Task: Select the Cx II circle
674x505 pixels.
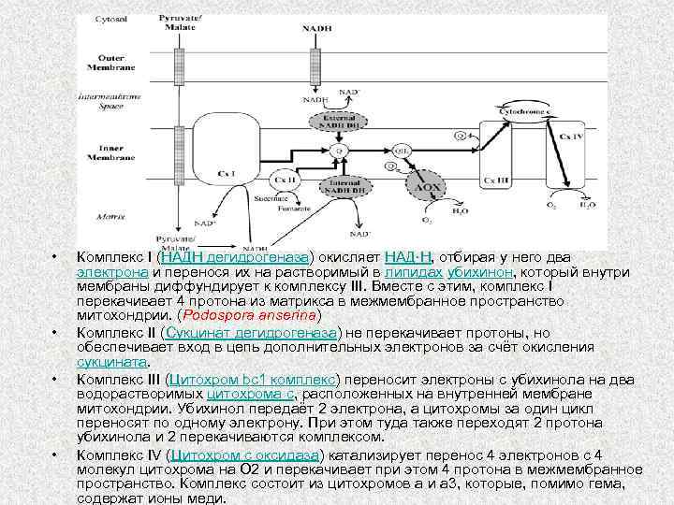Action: click(x=284, y=179)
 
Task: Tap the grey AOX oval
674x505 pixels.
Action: click(x=428, y=188)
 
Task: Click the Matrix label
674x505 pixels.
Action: click(x=110, y=215)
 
